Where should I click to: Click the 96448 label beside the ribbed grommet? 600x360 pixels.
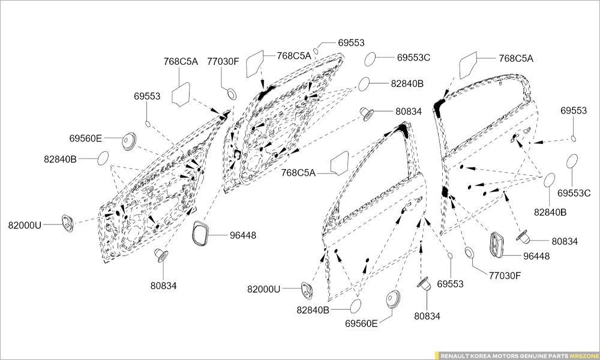click(536, 256)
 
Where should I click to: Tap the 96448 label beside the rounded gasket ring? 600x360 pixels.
click(242, 236)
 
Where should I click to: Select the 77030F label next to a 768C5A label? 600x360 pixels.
click(223, 61)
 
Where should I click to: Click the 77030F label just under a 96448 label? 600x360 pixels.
click(505, 275)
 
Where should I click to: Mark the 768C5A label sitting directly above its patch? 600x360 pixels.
click(181, 61)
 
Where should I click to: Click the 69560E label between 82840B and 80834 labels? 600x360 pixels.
click(361, 323)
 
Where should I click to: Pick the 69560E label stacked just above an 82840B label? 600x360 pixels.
click(86, 138)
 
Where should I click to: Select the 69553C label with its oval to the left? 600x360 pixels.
click(413, 58)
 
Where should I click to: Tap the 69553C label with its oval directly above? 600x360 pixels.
click(574, 193)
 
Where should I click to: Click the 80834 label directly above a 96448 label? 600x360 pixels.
click(565, 241)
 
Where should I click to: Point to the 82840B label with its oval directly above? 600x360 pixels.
click(550, 212)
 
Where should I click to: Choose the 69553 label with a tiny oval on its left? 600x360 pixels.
click(351, 43)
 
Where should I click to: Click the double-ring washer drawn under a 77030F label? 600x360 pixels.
click(230, 93)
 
